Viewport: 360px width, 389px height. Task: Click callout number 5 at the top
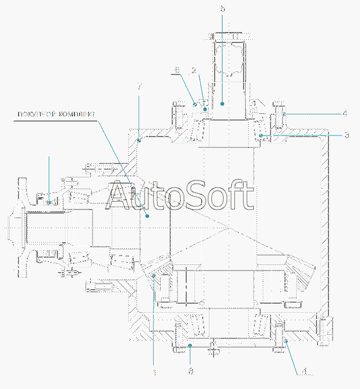pos(222,9)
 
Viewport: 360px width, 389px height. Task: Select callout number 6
pos(177,69)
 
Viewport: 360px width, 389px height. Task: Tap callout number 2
pos(193,69)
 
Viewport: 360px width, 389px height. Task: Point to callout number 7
pos(139,86)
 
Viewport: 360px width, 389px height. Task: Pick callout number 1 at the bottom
pos(154,371)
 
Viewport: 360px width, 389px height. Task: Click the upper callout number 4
pos(344,113)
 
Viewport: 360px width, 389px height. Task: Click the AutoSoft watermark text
pos(181,197)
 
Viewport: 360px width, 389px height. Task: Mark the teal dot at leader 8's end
pos(190,345)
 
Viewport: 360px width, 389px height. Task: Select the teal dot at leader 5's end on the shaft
pos(222,104)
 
